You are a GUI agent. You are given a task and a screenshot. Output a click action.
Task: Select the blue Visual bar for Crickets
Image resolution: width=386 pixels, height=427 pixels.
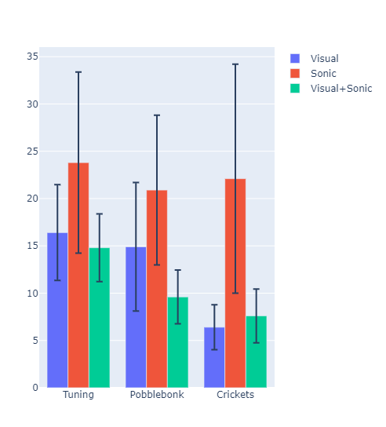click(x=214, y=357)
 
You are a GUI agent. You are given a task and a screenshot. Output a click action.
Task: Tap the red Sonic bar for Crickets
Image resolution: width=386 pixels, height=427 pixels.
click(x=235, y=283)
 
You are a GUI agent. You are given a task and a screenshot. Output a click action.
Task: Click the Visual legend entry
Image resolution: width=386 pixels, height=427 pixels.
click(x=324, y=58)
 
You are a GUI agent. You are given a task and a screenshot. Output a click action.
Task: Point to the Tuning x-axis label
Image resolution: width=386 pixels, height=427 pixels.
click(x=78, y=395)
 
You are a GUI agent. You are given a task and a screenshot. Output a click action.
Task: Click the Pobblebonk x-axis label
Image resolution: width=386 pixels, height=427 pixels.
click(x=157, y=395)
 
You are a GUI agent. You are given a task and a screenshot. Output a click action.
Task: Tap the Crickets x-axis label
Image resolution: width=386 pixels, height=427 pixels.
click(x=235, y=395)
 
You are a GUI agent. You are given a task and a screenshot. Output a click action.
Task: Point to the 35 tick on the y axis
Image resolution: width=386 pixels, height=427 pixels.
click(x=33, y=57)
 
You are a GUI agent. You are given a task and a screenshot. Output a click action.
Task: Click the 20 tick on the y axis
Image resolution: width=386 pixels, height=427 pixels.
click(x=33, y=199)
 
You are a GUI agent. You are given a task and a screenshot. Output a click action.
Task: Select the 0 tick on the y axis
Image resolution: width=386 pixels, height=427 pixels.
click(x=35, y=388)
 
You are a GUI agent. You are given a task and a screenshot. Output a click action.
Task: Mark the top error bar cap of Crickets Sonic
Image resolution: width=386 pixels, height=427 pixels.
click(x=235, y=64)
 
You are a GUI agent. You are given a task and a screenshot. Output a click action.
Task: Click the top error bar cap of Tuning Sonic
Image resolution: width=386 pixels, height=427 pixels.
click(x=78, y=72)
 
